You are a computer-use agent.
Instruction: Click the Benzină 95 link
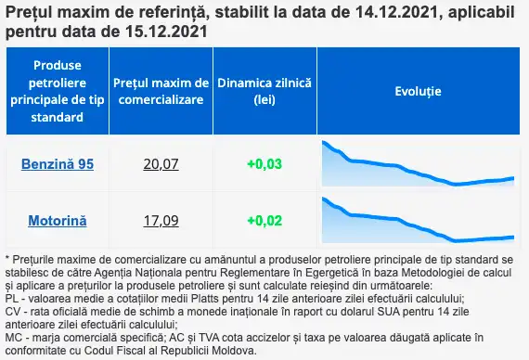coord(58,164)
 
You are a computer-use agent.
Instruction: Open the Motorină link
coord(58,221)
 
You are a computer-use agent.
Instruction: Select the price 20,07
coord(161,164)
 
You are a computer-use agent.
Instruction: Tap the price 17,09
coord(161,221)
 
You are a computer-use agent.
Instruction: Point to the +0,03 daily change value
coord(264,164)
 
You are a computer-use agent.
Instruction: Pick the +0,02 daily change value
coord(264,221)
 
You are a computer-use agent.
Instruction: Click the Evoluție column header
coord(418,91)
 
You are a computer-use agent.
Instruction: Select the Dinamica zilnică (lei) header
coord(264,91)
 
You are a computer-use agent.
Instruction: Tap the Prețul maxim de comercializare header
coord(161,91)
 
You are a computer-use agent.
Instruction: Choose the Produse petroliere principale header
coord(58,91)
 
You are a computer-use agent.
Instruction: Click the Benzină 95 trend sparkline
coord(418,164)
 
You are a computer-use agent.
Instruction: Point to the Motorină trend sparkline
coord(418,221)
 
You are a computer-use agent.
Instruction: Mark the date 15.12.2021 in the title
coord(167,32)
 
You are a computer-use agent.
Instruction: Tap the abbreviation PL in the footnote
coord(12,299)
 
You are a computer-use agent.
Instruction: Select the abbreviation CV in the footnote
coord(12,312)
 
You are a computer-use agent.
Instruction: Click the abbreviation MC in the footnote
coord(13,338)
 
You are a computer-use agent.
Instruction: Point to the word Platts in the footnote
coord(205,299)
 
